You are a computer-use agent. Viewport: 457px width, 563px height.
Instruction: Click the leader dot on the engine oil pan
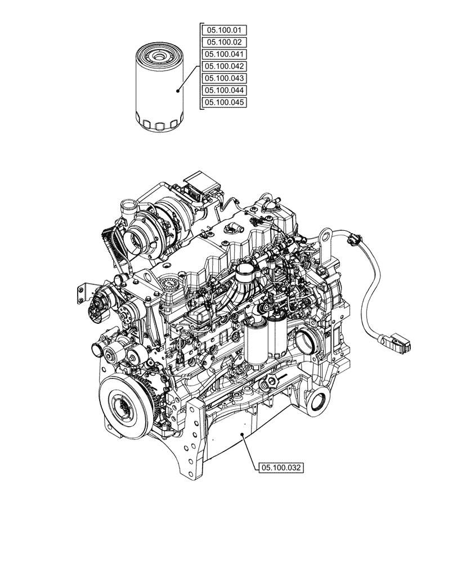(241, 434)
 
